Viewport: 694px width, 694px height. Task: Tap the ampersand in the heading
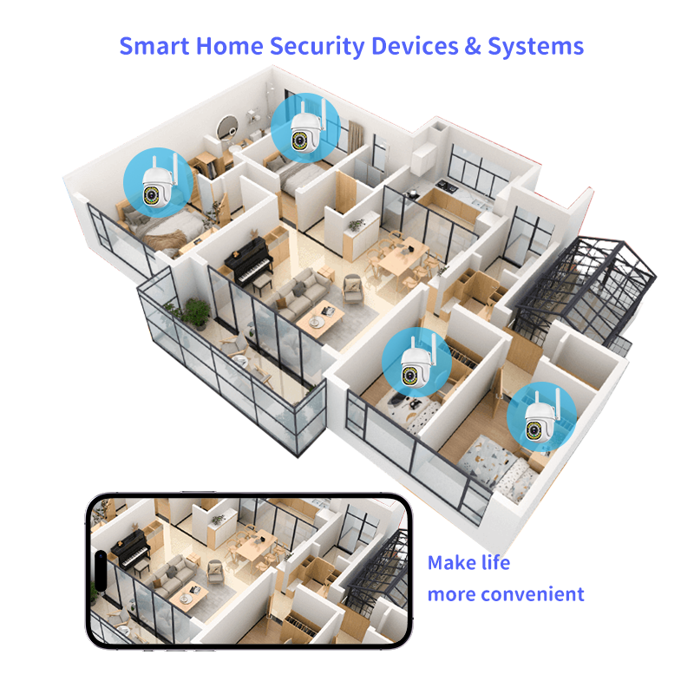click(471, 45)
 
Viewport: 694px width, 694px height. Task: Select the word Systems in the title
click(535, 47)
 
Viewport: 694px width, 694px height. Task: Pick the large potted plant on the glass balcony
click(197, 311)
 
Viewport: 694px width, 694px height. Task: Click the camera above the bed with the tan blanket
click(153, 183)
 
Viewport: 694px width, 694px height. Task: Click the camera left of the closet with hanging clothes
click(416, 363)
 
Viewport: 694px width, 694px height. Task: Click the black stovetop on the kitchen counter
click(446, 184)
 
